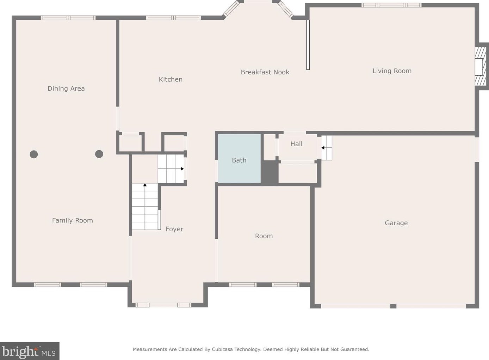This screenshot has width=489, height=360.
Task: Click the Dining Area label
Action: (x=66, y=89)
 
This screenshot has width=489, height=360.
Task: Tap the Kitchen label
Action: (x=171, y=79)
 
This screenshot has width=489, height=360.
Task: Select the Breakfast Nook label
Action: (x=265, y=72)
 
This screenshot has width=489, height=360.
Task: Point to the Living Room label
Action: (x=392, y=71)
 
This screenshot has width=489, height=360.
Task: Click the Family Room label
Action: (x=73, y=220)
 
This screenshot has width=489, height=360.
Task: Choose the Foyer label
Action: (x=174, y=229)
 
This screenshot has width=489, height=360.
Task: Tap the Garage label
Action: (x=396, y=223)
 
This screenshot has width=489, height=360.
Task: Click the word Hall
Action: (x=296, y=144)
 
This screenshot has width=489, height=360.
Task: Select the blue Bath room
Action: (x=239, y=159)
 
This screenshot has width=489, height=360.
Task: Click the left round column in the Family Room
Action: (x=34, y=154)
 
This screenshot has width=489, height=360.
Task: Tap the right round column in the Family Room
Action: (x=99, y=154)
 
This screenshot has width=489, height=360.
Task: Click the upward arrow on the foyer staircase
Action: (x=145, y=206)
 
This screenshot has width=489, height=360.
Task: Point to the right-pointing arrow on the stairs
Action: (x=171, y=169)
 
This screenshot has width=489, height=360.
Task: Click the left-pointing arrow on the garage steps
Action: (x=327, y=148)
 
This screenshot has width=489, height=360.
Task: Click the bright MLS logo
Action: (x=30, y=351)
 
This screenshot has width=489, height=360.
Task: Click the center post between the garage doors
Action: (x=393, y=306)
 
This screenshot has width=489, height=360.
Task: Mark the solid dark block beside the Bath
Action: (x=270, y=172)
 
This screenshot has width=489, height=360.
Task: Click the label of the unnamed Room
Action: (x=264, y=236)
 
